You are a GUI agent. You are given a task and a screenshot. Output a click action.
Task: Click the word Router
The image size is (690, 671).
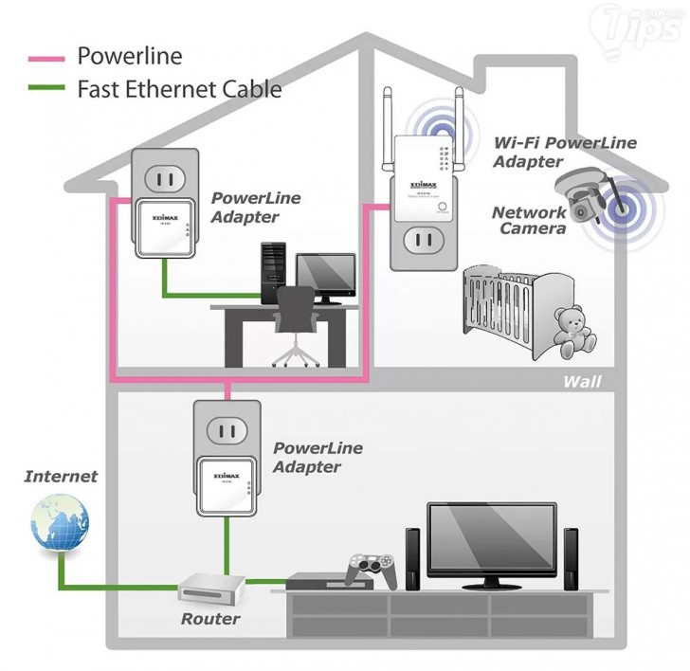(211, 619)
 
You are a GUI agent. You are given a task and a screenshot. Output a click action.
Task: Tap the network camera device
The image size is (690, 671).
(591, 192)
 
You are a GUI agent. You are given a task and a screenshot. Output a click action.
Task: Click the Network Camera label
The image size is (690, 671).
(529, 221)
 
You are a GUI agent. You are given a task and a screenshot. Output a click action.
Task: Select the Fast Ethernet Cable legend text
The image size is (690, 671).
(179, 90)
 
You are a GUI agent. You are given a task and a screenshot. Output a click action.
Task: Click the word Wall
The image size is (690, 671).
(582, 381)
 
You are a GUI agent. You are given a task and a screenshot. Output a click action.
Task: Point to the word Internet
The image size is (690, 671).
(61, 477)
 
